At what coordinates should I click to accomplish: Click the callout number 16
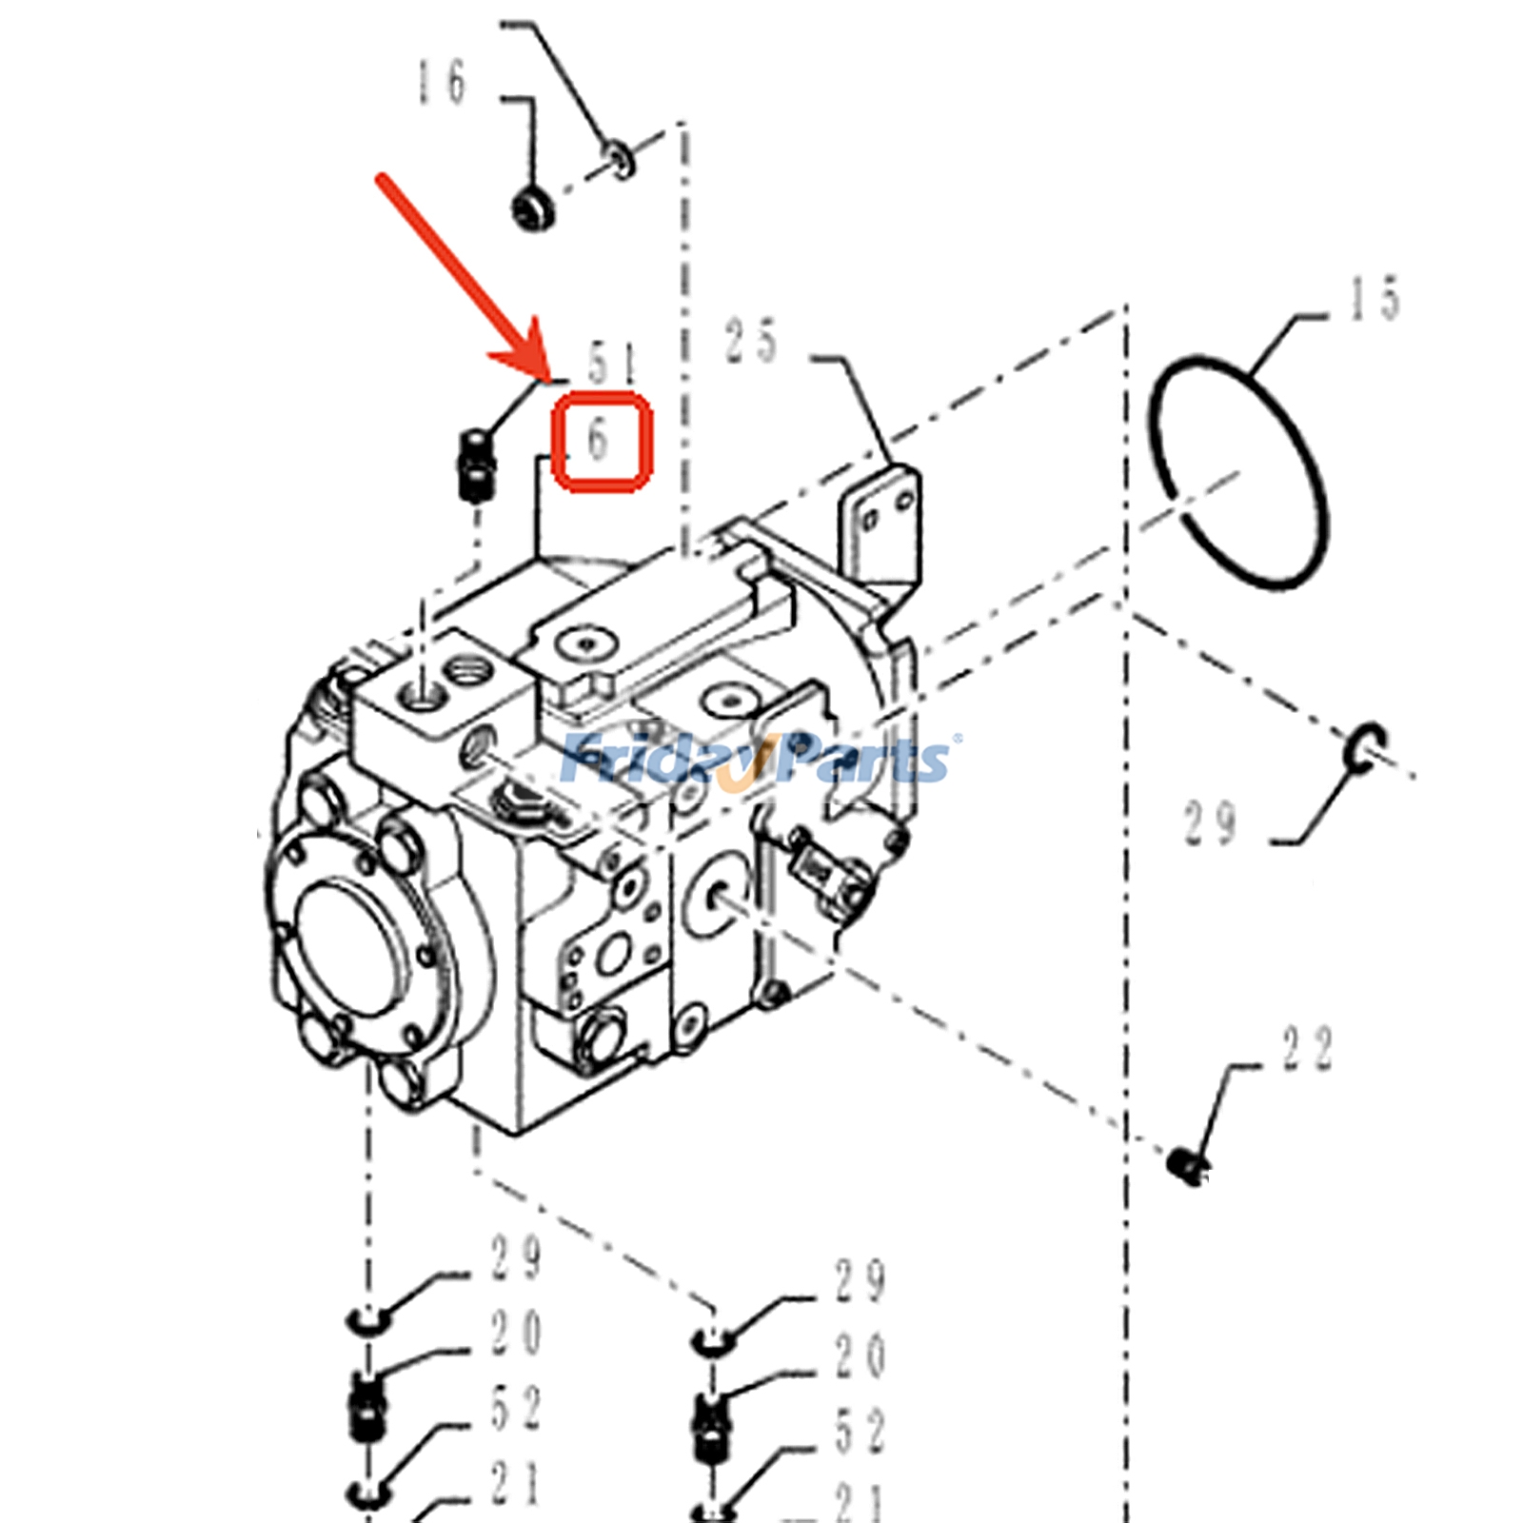click(442, 82)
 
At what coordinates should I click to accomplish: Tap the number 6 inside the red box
click(598, 440)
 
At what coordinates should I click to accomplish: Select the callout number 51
click(610, 364)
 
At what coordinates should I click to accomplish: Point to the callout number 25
click(751, 341)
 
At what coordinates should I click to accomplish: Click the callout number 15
click(1375, 298)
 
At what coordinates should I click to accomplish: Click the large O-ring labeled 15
click(1240, 472)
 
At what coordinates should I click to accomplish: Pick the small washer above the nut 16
click(619, 158)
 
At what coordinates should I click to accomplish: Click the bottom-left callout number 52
click(515, 1408)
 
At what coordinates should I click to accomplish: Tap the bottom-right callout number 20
click(860, 1355)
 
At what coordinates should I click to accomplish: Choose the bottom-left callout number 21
click(515, 1483)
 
